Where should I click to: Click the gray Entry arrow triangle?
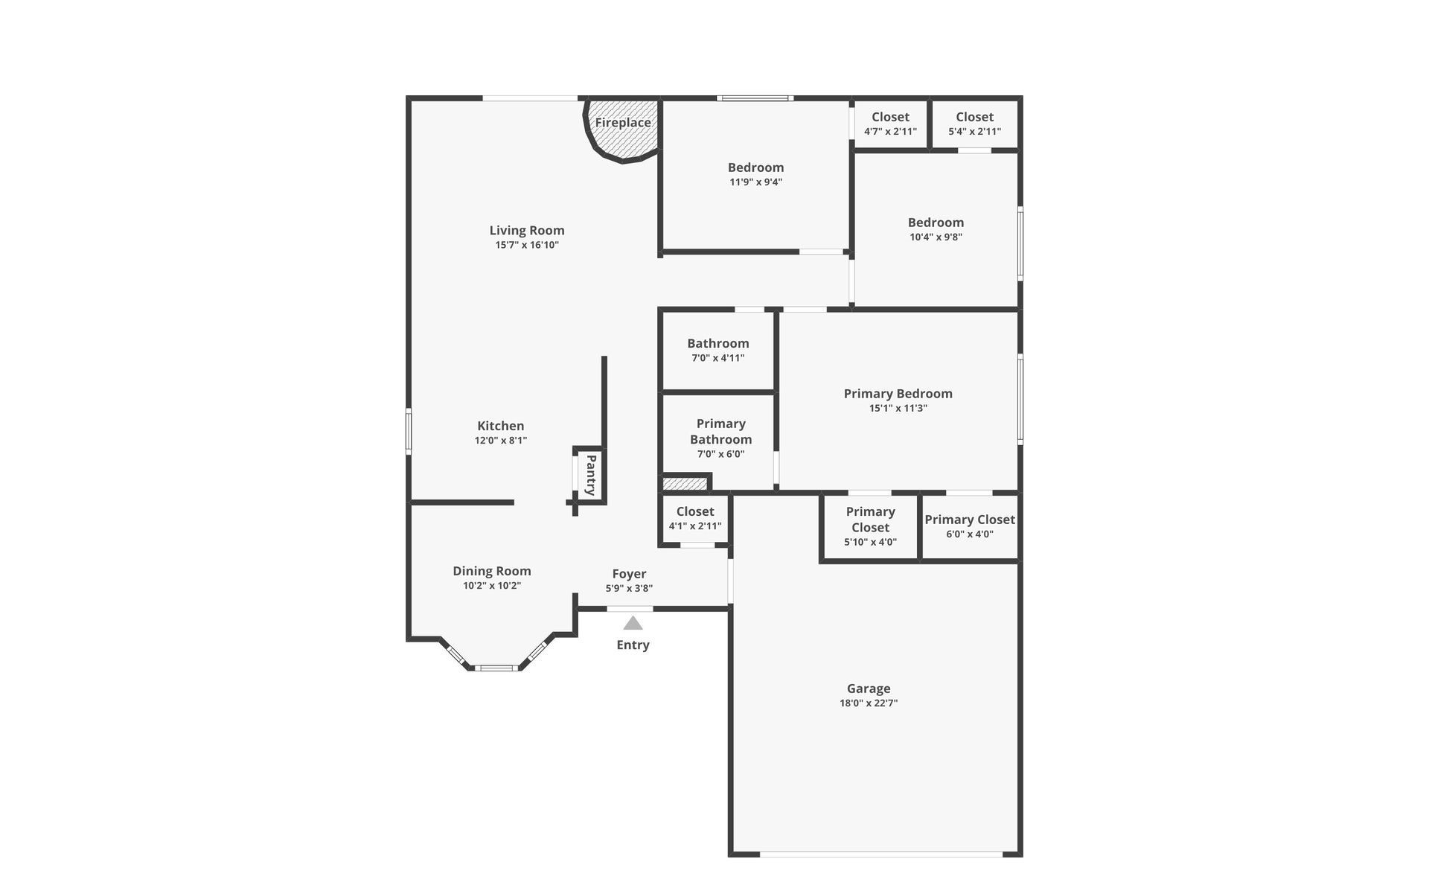click(x=633, y=624)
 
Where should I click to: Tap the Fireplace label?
click(x=622, y=123)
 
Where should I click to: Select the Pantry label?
click(x=591, y=475)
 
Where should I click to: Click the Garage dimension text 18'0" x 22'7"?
click(x=869, y=703)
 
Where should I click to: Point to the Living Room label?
click(x=527, y=231)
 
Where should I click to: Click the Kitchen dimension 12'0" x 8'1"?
click(x=501, y=441)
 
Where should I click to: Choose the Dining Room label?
click(x=492, y=572)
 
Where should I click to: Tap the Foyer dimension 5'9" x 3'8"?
click(x=629, y=589)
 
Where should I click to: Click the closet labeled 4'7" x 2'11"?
click(x=890, y=124)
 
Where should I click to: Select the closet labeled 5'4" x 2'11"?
click(x=974, y=124)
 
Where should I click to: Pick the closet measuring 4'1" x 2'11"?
click(x=695, y=519)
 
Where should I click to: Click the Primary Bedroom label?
click(x=898, y=394)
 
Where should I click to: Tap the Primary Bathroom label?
click(x=720, y=432)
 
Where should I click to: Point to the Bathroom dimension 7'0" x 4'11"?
click(x=717, y=358)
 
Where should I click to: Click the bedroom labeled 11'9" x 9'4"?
click(x=755, y=174)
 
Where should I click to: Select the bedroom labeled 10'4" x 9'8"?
click(x=936, y=229)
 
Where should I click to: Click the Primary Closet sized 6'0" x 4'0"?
click(x=969, y=526)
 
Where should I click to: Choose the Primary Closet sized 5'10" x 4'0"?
click(x=870, y=526)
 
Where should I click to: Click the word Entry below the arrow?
click(x=633, y=645)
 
